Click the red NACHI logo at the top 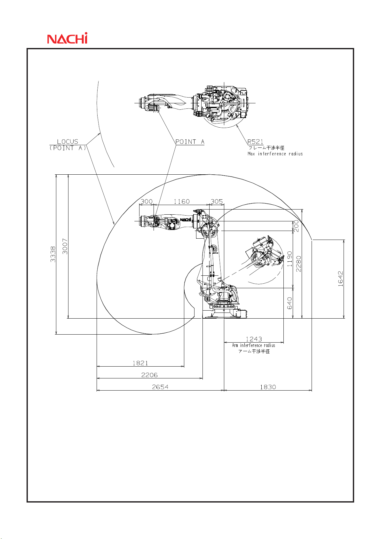coord(67,38)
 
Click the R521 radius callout coord(255,142)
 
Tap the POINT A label coord(190,142)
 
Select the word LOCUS coord(67,141)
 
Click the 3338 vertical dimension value coord(53,254)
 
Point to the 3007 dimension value coord(65,246)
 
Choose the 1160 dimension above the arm coord(182,202)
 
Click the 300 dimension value coord(147,202)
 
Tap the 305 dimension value coord(217,202)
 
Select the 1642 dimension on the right coord(340,279)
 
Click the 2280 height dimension coord(298,264)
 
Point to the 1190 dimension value coord(290,259)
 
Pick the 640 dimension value coord(290,303)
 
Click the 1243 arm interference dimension coord(254,339)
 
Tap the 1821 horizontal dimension coord(140,363)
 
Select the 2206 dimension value coord(149,375)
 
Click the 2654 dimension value coord(160,387)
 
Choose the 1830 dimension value coord(268,387)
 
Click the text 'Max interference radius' coord(275,154)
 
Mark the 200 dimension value coord(297,226)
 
